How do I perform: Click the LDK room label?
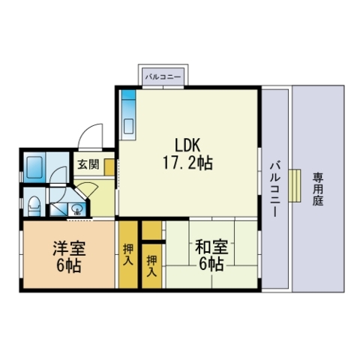click(x=187, y=145)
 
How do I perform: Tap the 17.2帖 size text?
click(x=187, y=163)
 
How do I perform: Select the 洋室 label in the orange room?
click(x=69, y=248)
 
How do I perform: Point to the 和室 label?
click(x=211, y=247)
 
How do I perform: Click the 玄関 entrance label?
click(x=88, y=164)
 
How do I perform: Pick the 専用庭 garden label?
click(x=318, y=189)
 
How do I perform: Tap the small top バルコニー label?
click(x=163, y=76)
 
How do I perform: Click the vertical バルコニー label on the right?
click(x=274, y=189)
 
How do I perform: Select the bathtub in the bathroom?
click(x=34, y=167)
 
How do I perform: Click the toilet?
click(x=34, y=205)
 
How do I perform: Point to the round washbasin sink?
click(x=77, y=209)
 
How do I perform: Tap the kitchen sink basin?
click(x=129, y=126)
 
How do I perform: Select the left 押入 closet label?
click(x=128, y=254)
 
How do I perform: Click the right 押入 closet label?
click(x=151, y=266)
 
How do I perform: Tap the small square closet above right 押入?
click(x=151, y=230)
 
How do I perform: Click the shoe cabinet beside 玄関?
click(x=109, y=166)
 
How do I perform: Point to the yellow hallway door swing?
click(x=85, y=189)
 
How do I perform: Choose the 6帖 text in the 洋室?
click(x=69, y=265)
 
